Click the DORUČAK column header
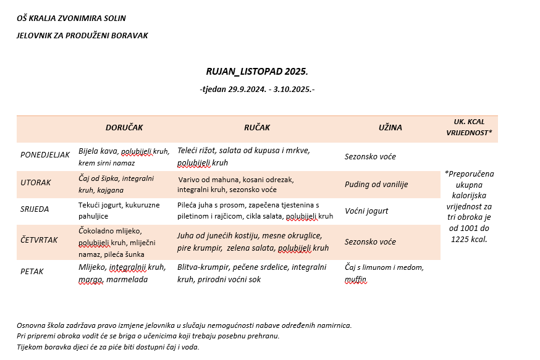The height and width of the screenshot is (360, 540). [x=124, y=128]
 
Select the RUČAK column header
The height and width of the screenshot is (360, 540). [x=257, y=128]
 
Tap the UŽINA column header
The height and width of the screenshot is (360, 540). [x=390, y=128]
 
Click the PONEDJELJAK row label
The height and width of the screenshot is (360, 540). [x=45, y=154]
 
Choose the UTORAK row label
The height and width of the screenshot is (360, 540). [x=36, y=183]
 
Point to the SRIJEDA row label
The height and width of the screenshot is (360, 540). [x=36, y=209]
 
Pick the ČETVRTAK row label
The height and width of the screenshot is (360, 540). [x=40, y=240]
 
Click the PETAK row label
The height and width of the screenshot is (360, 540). [x=33, y=271]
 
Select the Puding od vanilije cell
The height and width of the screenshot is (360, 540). [x=376, y=184]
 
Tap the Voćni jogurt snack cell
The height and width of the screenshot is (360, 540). [x=366, y=211]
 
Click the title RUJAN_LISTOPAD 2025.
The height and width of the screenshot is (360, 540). [x=257, y=72]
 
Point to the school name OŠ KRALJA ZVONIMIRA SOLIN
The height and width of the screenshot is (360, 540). [x=71, y=19]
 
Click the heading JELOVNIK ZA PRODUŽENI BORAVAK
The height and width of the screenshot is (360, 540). [x=82, y=36]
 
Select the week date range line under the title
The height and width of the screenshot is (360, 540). [x=257, y=90]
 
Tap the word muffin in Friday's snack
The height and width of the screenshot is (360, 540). [x=356, y=280]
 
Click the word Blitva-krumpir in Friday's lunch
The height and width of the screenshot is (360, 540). [x=203, y=267]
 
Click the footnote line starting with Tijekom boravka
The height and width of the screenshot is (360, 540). [x=108, y=347]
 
